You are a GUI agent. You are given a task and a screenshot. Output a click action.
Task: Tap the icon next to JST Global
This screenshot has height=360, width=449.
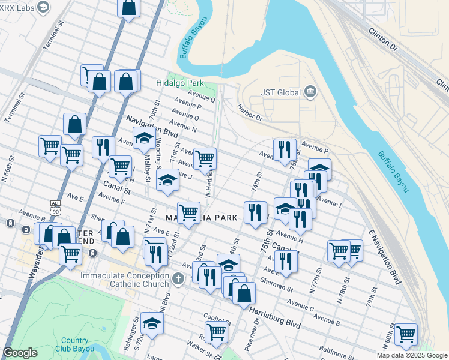coord(310,92)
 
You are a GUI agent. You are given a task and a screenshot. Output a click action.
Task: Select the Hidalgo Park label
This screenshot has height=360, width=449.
coord(180,83)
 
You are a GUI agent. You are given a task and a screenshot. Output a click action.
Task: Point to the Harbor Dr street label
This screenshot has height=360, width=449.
coord(250,113)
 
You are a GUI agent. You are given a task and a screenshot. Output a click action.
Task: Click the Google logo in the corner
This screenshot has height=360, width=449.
coord(20,353)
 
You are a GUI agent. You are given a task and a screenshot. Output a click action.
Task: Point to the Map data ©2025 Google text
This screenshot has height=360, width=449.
coord(411,355)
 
